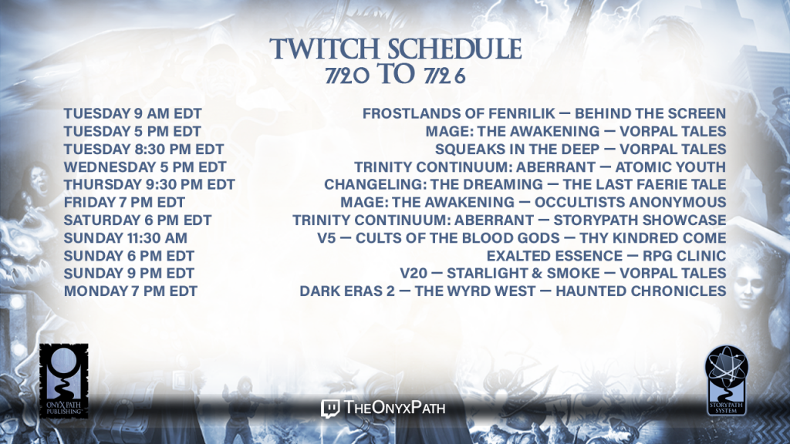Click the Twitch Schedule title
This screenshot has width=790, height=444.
[x=396, y=49]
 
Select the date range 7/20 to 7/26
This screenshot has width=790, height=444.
[x=396, y=75]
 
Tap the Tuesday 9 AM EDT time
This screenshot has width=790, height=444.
[x=133, y=113]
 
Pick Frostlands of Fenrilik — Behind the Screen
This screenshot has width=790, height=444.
[x=544, y=113]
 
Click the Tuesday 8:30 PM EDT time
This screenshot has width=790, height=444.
[x=143, y=149]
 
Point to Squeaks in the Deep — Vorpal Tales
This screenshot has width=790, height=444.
[x=580, y=149]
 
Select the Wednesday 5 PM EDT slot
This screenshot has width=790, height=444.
[x=145, y=166]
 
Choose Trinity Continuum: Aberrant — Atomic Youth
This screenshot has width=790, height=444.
[x=540, y=166]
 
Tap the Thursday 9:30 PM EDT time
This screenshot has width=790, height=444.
[x=149, y=184]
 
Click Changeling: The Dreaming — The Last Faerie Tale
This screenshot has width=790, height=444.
[x=525, y=184]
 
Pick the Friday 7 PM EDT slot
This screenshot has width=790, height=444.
[x=124, y=203]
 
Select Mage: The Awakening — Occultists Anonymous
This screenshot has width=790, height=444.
[x=533, y=203]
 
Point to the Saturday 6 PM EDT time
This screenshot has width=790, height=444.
[x=137, y=220]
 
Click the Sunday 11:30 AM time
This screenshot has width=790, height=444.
[x=126, y=237]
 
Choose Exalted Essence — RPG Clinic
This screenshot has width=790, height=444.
[x=606, y=256]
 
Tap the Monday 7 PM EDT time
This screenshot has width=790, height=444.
[x=130, y=291]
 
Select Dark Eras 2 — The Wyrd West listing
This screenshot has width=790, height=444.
[x=513, y=291]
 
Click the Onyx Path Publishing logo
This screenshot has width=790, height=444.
[x=64, y=381]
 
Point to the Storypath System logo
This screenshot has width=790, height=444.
[x=727, y=380]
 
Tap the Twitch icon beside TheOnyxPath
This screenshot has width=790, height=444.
[x=330, y=409]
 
